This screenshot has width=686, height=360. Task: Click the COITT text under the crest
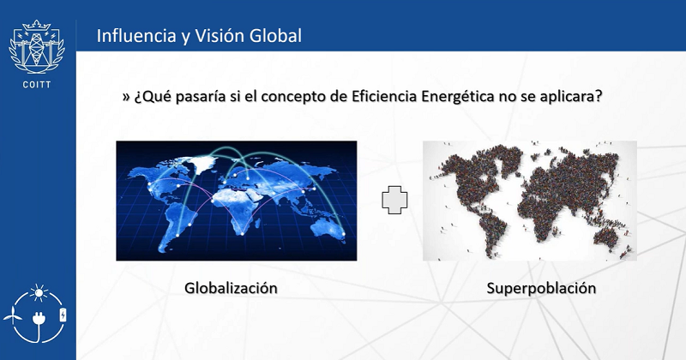tap(37, 84)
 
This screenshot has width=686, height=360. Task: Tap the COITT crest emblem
tap(37, 47)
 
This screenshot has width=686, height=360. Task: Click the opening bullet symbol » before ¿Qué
tap(126, 97)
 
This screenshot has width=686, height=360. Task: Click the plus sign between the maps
tap(394, 200)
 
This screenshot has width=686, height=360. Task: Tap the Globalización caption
tap(231, 288)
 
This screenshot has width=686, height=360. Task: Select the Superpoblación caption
tap(541, 288)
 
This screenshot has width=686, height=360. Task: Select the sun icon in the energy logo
tap(39, 293)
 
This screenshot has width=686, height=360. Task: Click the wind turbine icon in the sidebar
tap(12, 315)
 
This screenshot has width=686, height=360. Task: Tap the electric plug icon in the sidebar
tap(39, 320)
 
